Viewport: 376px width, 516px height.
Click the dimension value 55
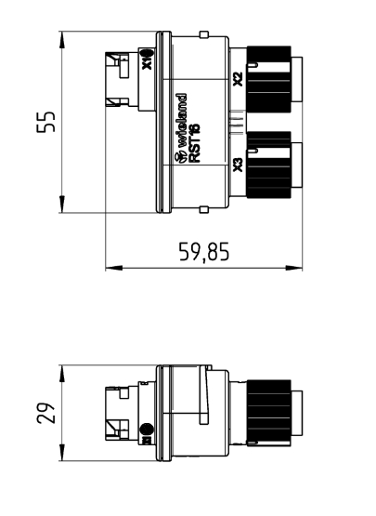tap(45, 122)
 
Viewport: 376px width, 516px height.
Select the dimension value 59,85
tap(203, 252)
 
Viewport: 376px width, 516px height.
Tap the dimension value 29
tap(45, 413)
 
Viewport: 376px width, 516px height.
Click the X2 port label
tap(238, 79)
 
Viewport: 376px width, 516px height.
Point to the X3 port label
tap(238, 165)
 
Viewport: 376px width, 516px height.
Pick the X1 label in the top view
tap(148, 60)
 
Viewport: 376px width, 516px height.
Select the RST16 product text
tap(195, 142)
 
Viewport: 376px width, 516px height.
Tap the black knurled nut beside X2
tap(268, 79)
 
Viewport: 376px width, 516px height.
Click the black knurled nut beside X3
tap(268, 165)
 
